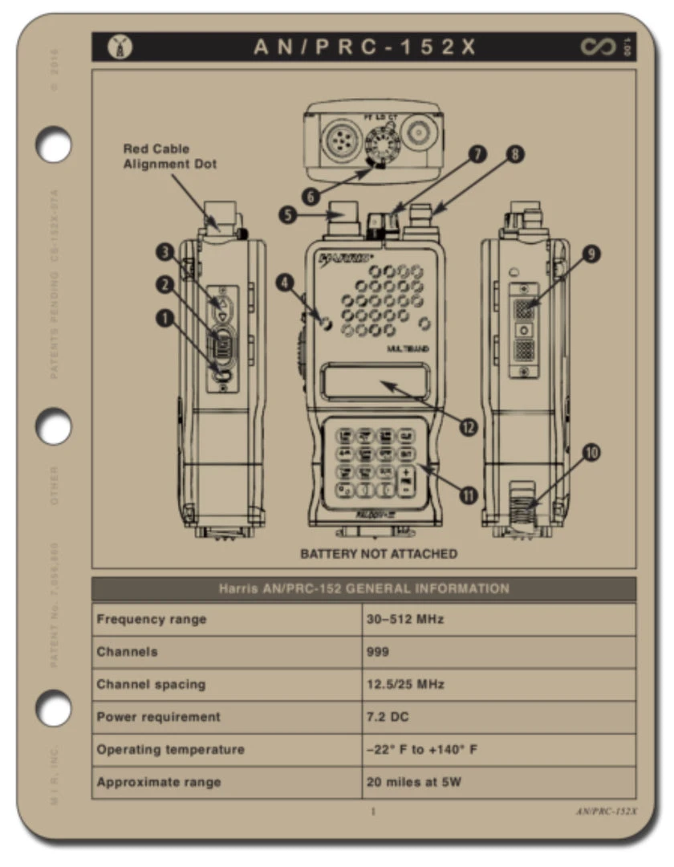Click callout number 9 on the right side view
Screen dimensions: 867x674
pos(591,254)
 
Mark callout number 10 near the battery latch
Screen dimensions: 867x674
pos(591,453)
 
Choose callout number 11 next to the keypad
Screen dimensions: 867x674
pos(468,494)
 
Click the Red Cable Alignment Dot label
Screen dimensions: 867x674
pos(169,157)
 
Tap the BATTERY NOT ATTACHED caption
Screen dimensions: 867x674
pos(379,554)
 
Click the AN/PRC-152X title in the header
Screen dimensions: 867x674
pos(365,47)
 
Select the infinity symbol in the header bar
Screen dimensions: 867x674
pos(598,47)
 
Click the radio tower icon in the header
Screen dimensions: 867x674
pos(118,47)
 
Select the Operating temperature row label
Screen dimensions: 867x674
pos(170,749)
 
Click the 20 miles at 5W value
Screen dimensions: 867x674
pos(414,782)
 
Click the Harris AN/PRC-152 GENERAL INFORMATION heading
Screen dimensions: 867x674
pos(363,588)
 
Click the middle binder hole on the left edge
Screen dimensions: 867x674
pos(55,425)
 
